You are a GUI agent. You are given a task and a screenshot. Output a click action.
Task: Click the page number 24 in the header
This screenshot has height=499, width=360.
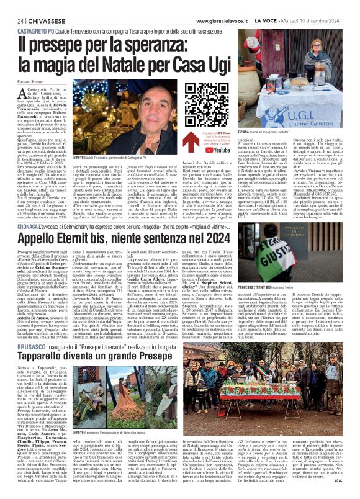coord(12,6)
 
